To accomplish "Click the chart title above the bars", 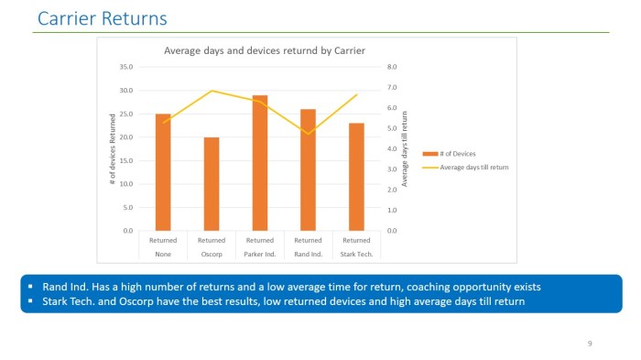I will (264, 50).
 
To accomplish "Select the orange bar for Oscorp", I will (212, 183).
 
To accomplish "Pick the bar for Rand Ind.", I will (309, 169).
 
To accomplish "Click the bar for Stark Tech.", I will (356, 176).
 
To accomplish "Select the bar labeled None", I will (163, 171).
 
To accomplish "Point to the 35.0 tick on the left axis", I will (126, 67).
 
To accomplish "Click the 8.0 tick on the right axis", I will (393, 67).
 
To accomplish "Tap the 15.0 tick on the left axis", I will (126, 160).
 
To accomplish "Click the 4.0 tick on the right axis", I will (393, 148).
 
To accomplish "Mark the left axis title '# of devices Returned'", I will (113, 148).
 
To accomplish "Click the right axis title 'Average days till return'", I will (406, 148).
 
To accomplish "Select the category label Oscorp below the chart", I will (212, 254).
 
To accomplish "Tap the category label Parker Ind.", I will (260, 254).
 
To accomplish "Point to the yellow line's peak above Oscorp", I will (212, 91).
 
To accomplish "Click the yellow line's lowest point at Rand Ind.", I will (309, 134).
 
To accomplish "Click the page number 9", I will (590, 343).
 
